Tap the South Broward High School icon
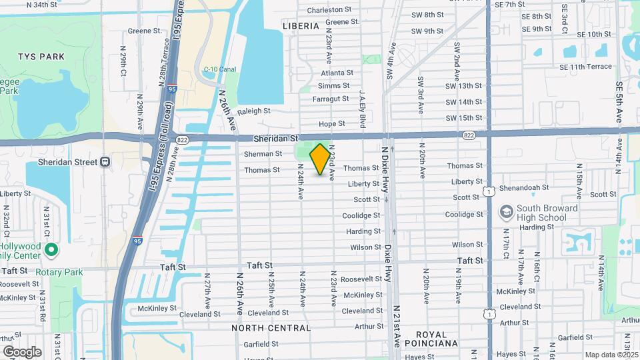pos(507,212)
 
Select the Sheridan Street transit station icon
pos(105,162)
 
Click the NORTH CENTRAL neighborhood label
pos(271,328)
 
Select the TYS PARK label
pos(41,57)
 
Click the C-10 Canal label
pos(220,69)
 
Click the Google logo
pos(22,351)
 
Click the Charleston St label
pos(329,9)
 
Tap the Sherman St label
pos(263,153)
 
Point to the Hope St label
pos(331,123)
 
